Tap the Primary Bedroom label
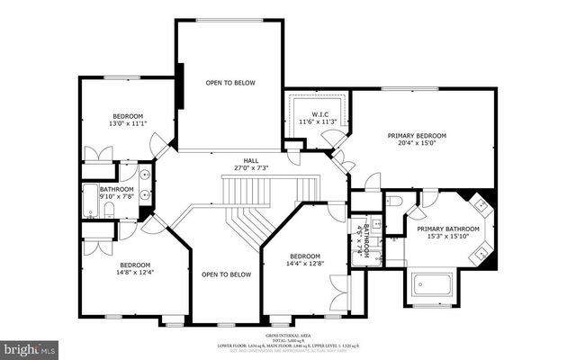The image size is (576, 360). coord(417,136)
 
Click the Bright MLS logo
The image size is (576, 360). coord(30,347)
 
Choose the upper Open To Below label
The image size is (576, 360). coord(230,83)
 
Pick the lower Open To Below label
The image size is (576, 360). coord(225,274)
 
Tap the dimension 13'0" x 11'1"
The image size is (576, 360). coord(128,124)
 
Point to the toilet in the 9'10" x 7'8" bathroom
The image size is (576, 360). coord(108,211)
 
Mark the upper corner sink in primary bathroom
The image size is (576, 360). coord(481,204)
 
